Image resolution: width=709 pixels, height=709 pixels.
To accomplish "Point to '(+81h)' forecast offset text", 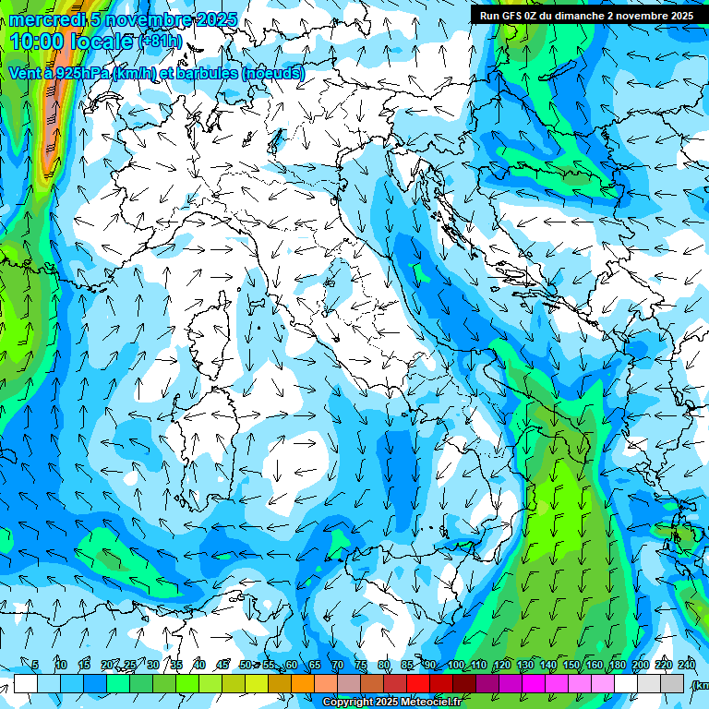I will [164, 42].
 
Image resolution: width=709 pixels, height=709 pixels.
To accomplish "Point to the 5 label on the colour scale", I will [35, 666].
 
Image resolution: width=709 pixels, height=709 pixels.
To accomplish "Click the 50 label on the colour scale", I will [245, 666].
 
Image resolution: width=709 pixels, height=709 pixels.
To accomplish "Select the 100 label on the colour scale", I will [455, 666].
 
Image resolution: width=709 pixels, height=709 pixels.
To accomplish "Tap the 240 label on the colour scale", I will [687, 666].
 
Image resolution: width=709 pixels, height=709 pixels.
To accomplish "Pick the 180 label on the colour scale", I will [618, 666].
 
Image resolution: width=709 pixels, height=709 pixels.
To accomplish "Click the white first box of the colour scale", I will [26, 683].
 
